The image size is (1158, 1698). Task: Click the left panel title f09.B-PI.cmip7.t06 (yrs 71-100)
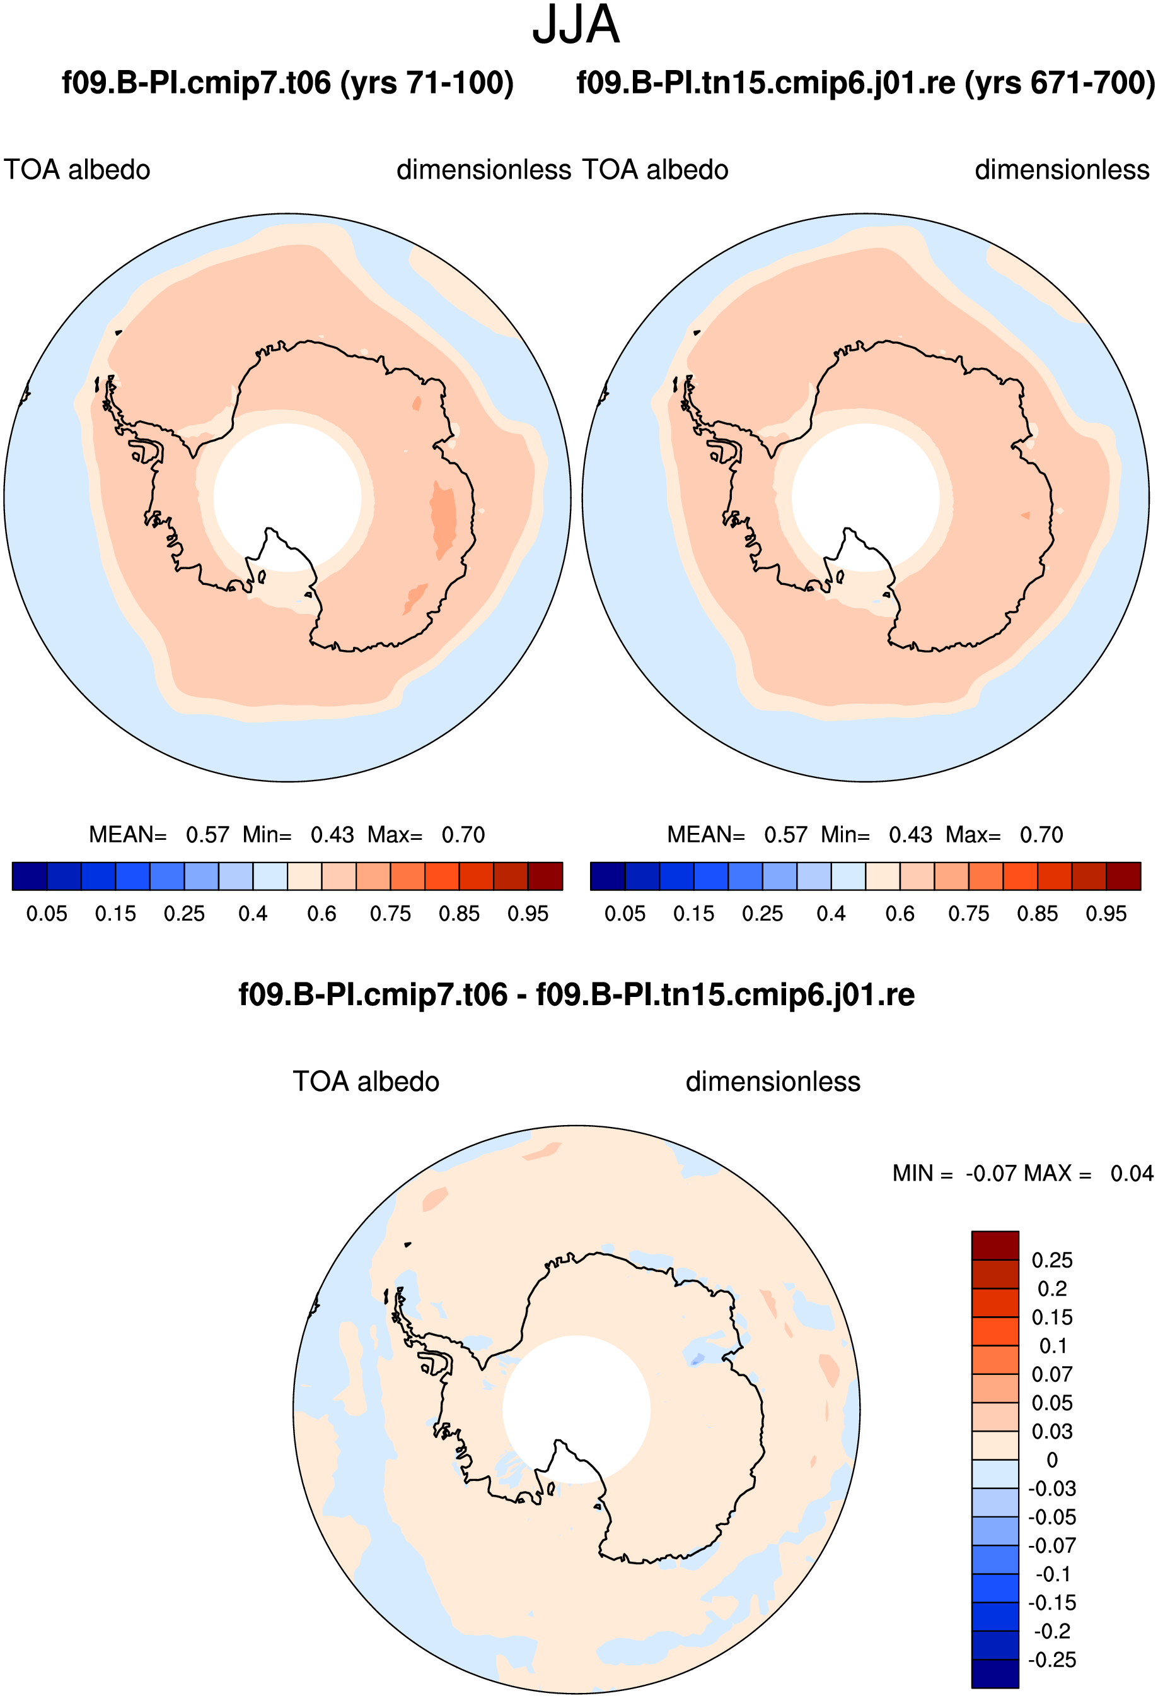[287, 83]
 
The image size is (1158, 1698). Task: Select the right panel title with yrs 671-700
[866, 83]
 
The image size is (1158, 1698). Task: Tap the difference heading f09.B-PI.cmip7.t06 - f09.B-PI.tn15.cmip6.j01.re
[576, 995]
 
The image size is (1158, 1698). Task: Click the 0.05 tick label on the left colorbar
[47, 914]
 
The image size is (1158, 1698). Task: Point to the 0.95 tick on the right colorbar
[1106, 914]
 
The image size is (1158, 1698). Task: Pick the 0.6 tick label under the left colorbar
[322, 914]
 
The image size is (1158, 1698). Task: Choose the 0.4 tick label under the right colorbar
[831, 914]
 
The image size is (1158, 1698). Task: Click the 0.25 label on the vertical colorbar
[1052, 1260]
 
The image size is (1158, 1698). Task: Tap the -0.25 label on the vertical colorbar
[1052, 1660]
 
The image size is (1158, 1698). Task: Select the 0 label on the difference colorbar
[1052, 1460]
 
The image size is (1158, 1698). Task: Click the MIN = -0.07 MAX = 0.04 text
[1023, 1174]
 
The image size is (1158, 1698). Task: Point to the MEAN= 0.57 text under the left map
[159, 834]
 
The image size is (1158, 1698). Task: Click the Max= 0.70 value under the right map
[1005, 834]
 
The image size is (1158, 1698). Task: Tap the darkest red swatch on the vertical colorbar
[995, 1246]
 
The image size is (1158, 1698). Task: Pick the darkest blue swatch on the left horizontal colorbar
[30, 876]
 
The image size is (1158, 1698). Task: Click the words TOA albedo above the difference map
[366, 1082]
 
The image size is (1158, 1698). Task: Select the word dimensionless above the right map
[1062, 170]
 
